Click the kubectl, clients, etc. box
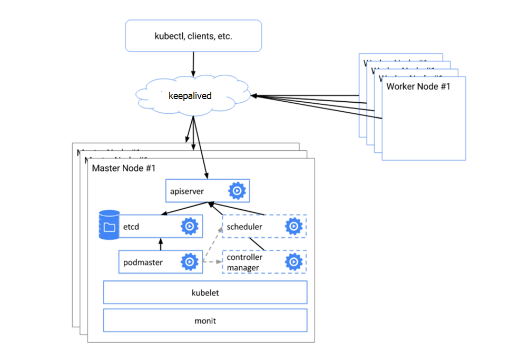click(x=193, y=36)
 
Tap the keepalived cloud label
click(x=190, y=96)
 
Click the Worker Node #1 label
click(x=418, y=86)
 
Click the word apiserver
click(x=187, y=191)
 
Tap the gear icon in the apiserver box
click(x=237, y=191)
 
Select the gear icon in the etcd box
click(x=189, y=227)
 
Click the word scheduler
click(x=244, y=227)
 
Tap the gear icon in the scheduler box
click(x=293, y=227)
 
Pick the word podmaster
click(x=143, y=262)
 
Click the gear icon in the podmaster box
click(x=189, y=262)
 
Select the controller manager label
click(x=244, y=262)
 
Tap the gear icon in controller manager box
click(x=293, y=262)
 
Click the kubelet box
click(x=205, y=293)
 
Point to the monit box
click(x=205, y=320)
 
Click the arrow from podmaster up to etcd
click(x=161, y=244)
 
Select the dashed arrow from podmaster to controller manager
click(x=212, y=262)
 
